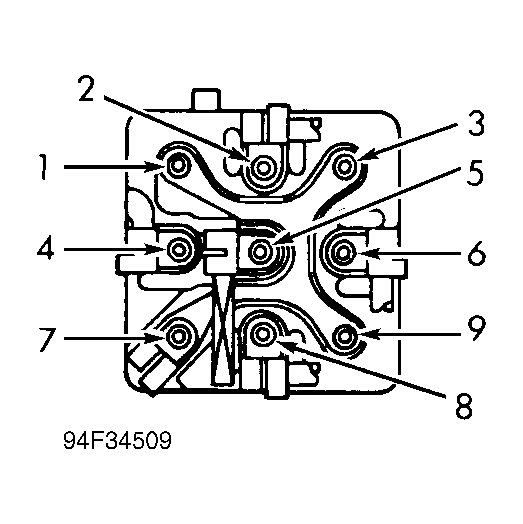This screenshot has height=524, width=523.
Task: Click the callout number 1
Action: (42, 167)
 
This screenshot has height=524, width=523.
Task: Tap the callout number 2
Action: (86, 88)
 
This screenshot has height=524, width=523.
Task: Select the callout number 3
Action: (476, 124)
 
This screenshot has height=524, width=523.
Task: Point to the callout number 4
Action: (45, 249)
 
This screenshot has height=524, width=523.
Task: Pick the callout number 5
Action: (475, 172)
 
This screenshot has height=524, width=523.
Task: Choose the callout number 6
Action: (476, 254)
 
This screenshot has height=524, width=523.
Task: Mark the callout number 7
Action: (47, 339)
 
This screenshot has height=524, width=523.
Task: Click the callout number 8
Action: (464, 405)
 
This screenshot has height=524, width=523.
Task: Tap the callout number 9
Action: (476, 329)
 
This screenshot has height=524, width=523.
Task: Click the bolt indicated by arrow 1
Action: (177, 164)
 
